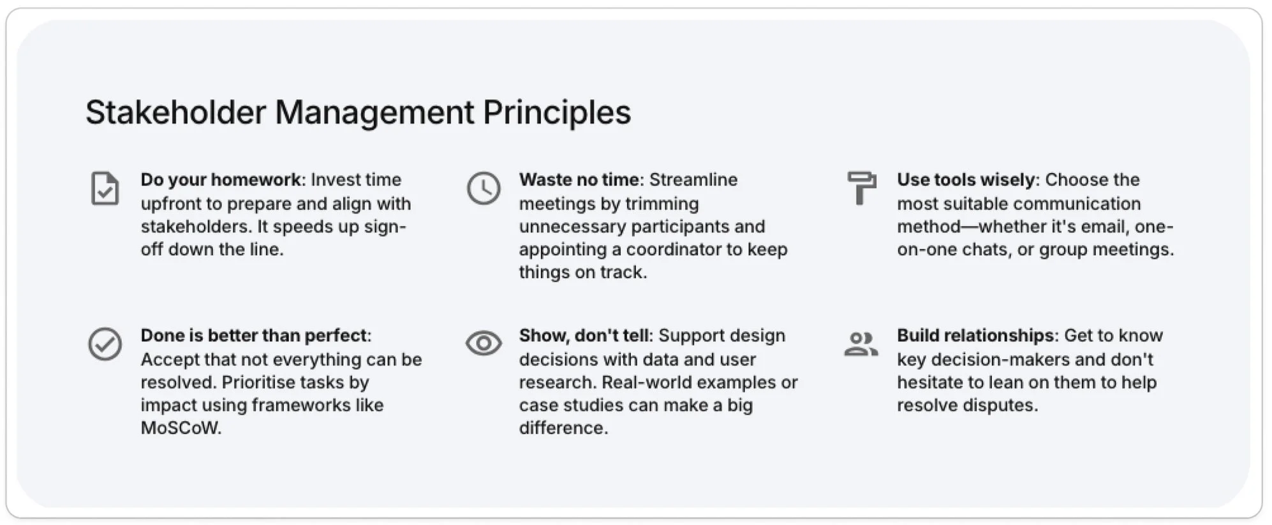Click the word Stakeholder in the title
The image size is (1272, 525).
(x=175, y=112)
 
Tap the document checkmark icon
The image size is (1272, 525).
(x=105, y=188)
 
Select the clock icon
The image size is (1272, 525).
(x=484, y=188)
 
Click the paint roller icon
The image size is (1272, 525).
(x=862, y=188)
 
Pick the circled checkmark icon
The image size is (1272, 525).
(x=105, y=344)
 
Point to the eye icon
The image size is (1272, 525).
(x=484, y=343)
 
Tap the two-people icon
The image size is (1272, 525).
(x=861, y=344)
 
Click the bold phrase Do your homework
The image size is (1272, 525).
(x=221, y=180)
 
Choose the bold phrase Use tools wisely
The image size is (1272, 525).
(x=966, y=180)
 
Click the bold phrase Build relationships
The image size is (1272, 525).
(x=976, y=336)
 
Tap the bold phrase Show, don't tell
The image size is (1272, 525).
(x=584, y=336)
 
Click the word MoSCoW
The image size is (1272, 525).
(x=181, y=428)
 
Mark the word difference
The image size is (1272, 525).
(x=563, y=428)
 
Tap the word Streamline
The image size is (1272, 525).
(x=693, y=180)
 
